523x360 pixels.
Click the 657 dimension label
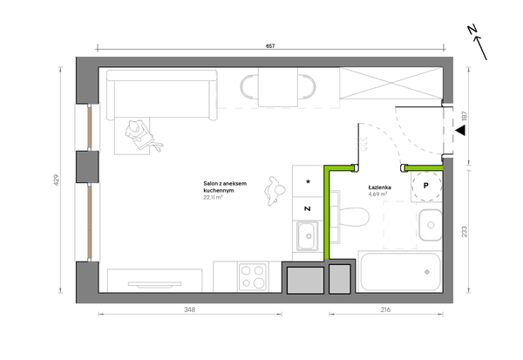pyautogui.click(x=270, y=46)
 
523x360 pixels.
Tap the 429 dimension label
pyautogui.click(x=56, y=180)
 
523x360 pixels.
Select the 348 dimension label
pyautogui.click(x=190, y=309)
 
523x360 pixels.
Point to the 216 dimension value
pyautogui.click(x=385, y=309)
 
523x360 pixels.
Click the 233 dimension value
pyautogui.click(x=465, y=232)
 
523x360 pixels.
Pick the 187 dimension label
pyautogui.click(x=465, y=116)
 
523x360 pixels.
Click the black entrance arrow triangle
pyautogui.click(x=460, y=131)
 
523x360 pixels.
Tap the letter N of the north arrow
pyautogui.click(x=472, y=30)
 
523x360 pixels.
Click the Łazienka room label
pyautogui.click(x=379, y=187)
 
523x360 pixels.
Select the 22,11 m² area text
pyautogui.click(x=213, y=197)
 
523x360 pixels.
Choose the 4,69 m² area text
pyautogui.click(x=377, y=194)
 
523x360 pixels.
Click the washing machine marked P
pyautogui.click(x=426, y=186)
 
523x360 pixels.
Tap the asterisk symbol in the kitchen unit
pyautogui.click(x=308, y=182)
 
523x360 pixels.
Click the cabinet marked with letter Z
pyautogui.click(x=308, y=208)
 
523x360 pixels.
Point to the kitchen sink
pyautogui.click(x=308, y=236)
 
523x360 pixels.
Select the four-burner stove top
pyautogui.click(x=253, y=276)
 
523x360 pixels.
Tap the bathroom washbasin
pyautogui.click(x=431, y=225)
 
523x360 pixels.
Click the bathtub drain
pyautogui.click(x=426, y=272)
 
